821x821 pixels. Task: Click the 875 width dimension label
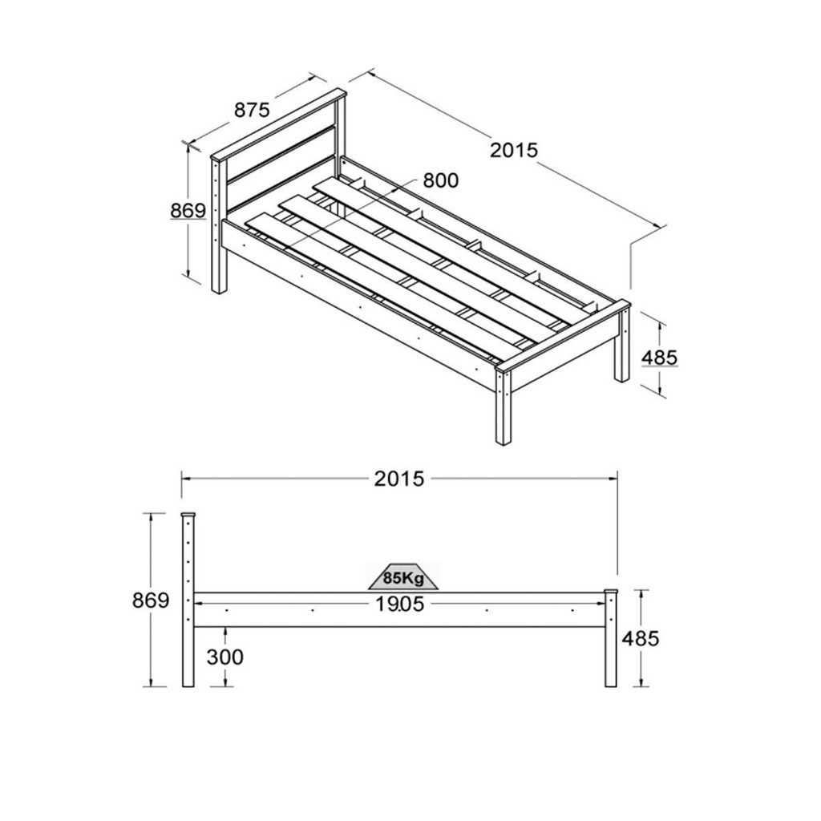coord(252,110)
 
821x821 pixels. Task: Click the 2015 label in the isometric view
coord(514,150)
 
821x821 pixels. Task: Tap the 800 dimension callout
coord(440,180)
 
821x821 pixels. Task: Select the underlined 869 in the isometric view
coord(188,211)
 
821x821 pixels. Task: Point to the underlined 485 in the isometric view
coord(659,358)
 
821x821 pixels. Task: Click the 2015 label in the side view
coord(399,479)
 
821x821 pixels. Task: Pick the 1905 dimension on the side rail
coord(399,605)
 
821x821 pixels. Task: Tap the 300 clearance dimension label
coord(225,657)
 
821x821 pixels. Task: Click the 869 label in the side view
coord(151,601)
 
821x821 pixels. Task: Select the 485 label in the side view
coord(641,638)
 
